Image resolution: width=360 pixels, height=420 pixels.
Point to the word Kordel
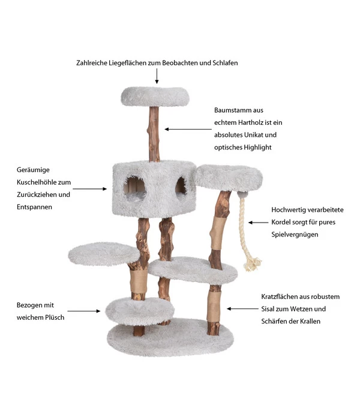pos(284,223)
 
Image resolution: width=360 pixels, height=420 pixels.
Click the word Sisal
pos(271,309)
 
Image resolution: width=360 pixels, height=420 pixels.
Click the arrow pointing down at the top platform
pos(157,76)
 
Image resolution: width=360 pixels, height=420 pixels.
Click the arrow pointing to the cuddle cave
pos(90,189)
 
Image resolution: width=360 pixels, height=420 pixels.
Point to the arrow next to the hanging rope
pos(258,223)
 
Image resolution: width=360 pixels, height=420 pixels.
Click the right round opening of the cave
pos(181,186)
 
